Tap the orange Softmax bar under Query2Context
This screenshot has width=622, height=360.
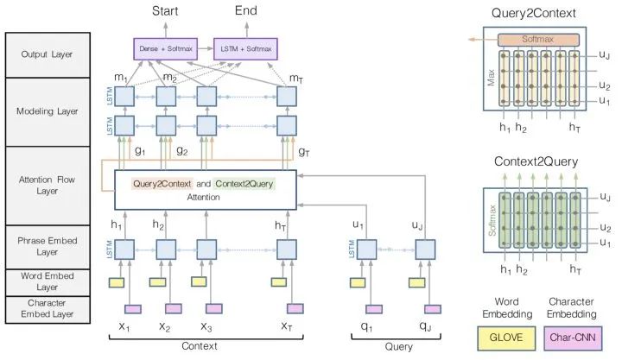point(537,40)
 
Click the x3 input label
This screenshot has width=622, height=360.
point(206,326)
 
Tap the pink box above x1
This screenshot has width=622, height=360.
point(133,309)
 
